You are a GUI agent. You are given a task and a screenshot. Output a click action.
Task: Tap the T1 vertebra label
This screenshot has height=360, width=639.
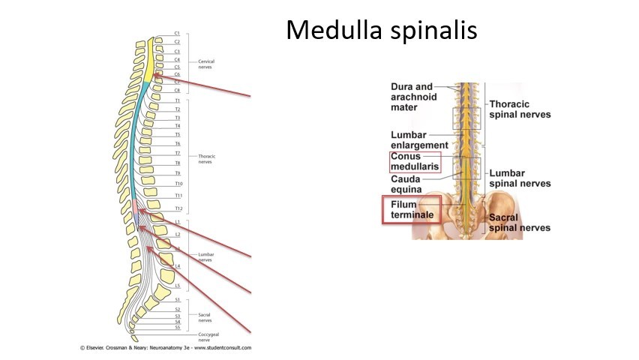177,100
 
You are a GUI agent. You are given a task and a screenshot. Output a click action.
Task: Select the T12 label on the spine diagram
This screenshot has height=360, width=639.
178,208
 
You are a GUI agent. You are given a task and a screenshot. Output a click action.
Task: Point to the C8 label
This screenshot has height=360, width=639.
177,90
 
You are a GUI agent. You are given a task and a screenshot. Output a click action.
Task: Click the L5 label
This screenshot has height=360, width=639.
177,286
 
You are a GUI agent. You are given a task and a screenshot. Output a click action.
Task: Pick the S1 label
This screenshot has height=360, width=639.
177,300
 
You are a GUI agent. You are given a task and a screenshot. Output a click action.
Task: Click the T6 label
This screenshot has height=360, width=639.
177,143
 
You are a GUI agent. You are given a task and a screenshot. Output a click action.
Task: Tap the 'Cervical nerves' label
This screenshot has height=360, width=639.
206,64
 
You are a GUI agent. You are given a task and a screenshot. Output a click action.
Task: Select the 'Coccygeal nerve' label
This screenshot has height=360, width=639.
208,337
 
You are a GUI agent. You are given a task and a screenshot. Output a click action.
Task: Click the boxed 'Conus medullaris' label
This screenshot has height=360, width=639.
415,162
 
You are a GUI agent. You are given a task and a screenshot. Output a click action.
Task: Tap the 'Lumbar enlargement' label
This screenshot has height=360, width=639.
419,140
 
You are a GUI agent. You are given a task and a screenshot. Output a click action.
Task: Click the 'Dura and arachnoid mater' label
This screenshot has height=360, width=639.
412,97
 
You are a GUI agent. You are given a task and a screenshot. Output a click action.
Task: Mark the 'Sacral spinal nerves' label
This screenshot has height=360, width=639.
519,223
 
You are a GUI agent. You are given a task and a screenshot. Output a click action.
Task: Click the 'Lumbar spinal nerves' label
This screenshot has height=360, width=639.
519,178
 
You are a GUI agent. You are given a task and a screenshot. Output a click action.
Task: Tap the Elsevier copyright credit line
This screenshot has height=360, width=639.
166,348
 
